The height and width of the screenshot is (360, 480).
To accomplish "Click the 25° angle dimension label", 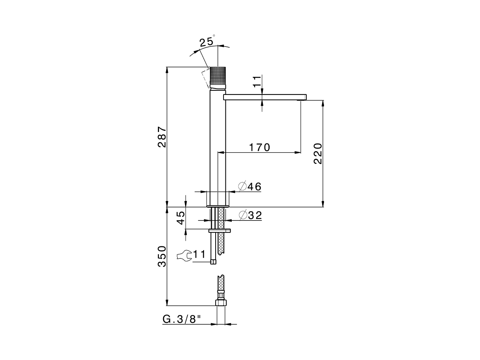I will point(207,41).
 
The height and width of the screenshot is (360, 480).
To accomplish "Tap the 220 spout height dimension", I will point(318,153).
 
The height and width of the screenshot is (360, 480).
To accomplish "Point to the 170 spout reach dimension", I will point(259,147).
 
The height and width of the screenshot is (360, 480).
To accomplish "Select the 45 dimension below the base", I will point(180,218).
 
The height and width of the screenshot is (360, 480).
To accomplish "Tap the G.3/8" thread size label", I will point(182,319).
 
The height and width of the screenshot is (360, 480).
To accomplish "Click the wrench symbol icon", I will point(184,255).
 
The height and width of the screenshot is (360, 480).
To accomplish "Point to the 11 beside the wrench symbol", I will point(199,255).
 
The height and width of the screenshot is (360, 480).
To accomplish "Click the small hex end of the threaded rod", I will point(213,261).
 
